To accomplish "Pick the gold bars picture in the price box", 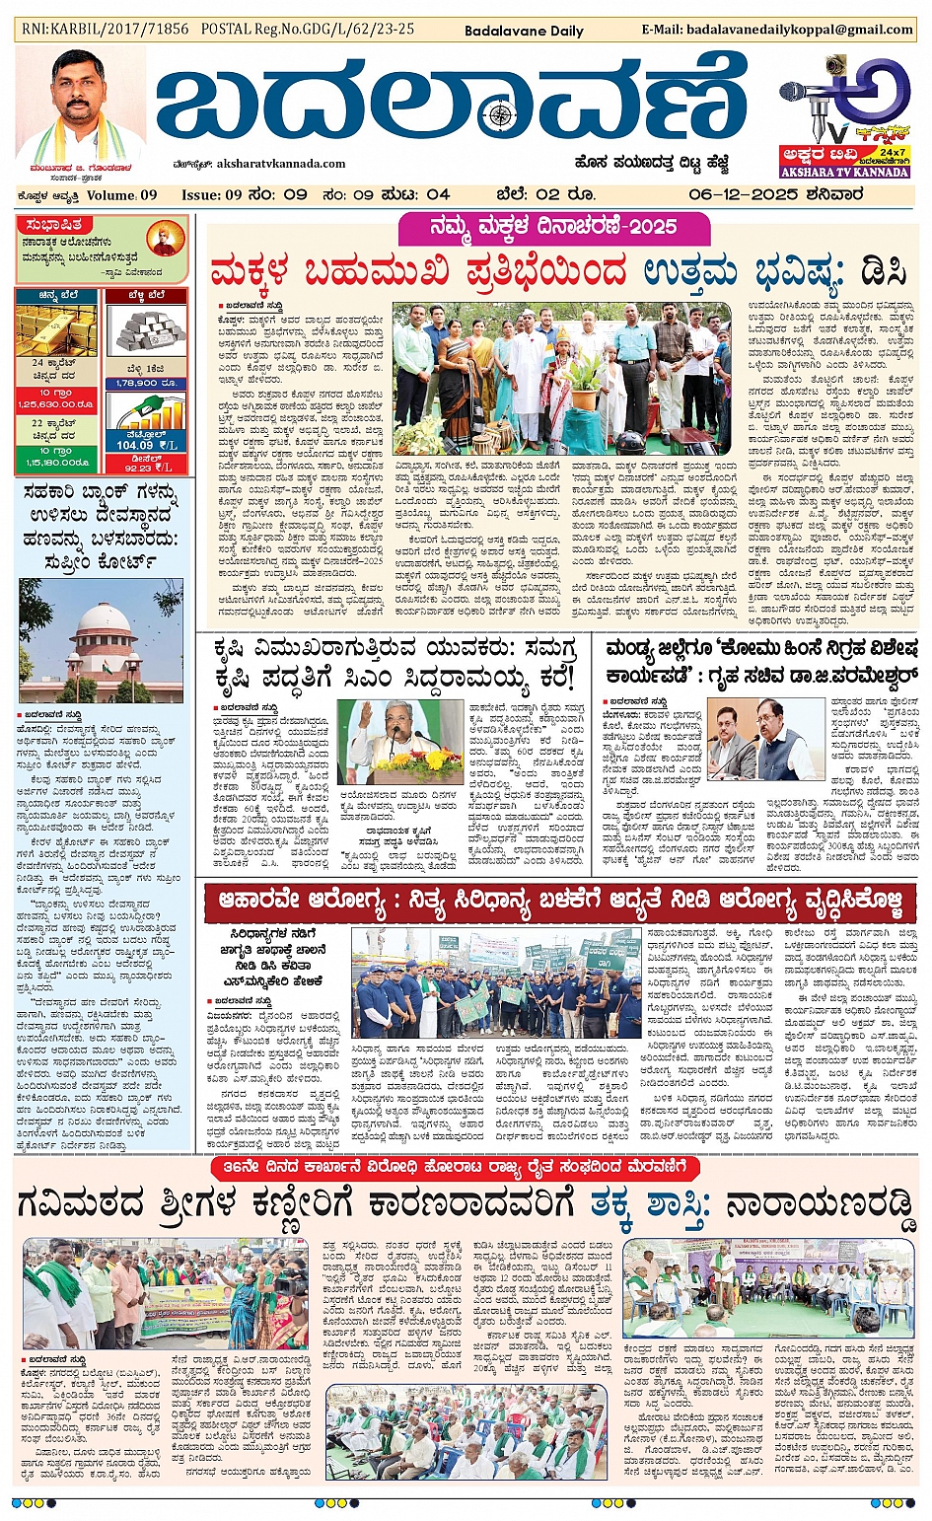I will (56, 329).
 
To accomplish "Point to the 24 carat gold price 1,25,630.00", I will (55, 404).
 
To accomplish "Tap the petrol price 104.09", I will (135, 445).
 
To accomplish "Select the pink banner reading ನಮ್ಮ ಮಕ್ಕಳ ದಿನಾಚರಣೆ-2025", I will (553, 228).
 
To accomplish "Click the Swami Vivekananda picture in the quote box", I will (164, 239).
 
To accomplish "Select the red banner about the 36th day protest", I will (456, 1167).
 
